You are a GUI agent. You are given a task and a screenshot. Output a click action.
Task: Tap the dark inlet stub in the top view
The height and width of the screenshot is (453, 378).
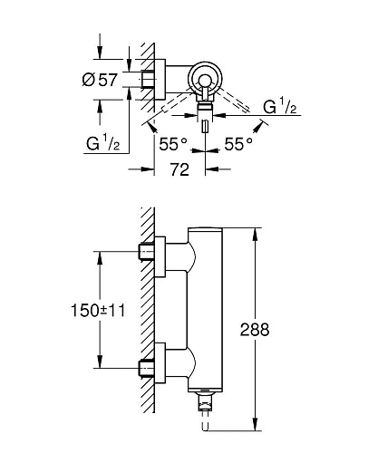[146, 80]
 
